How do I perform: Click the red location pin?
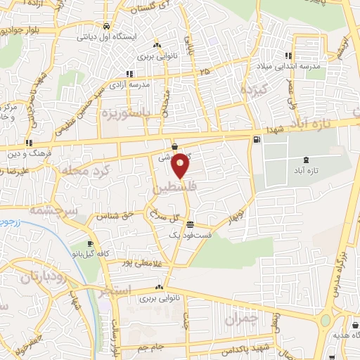[181, 166]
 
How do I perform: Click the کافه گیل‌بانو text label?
[115, 251]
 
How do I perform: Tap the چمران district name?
[242, 319]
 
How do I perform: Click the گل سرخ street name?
[169, 217]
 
